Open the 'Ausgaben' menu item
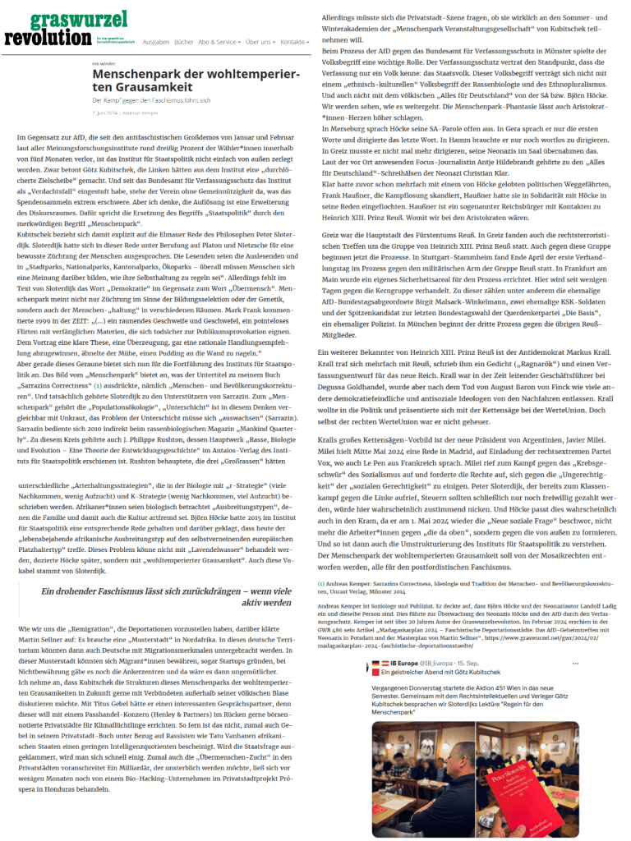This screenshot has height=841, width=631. [155, 41]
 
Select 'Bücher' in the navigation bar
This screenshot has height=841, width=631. [183, 41]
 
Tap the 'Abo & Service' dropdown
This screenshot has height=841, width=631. [219, 41]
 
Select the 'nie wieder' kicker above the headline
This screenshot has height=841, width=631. [102, 62]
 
